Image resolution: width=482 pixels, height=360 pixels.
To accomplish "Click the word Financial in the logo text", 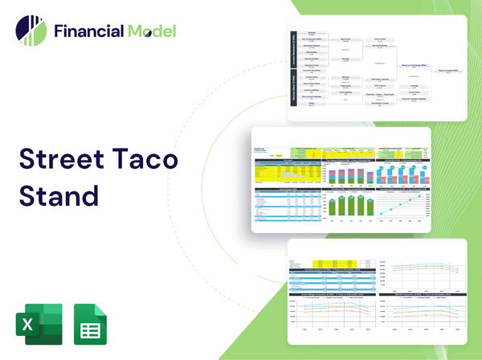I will [x=88, y=31].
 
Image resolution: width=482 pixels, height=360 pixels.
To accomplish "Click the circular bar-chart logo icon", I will [x=31, y=30].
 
